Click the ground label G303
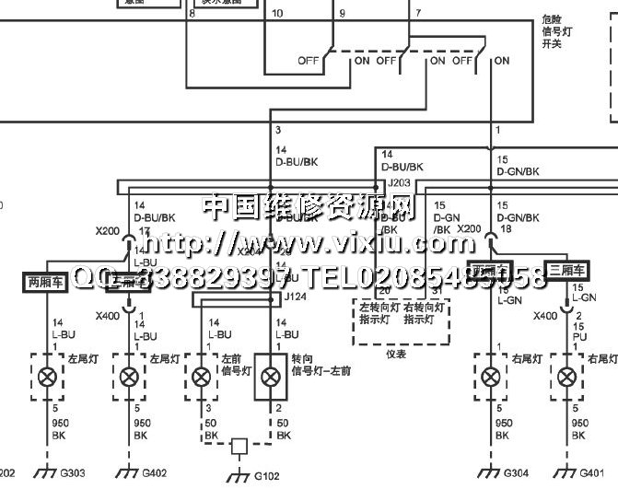tap(73, 474)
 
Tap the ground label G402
tap(153, 474)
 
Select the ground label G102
tap(266, 477)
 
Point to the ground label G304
tap(516, 474)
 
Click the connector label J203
tap(399, 183)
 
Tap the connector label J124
tap(297, 297)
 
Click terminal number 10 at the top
tap(278, 14)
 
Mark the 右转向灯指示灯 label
tap(426, 314)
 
